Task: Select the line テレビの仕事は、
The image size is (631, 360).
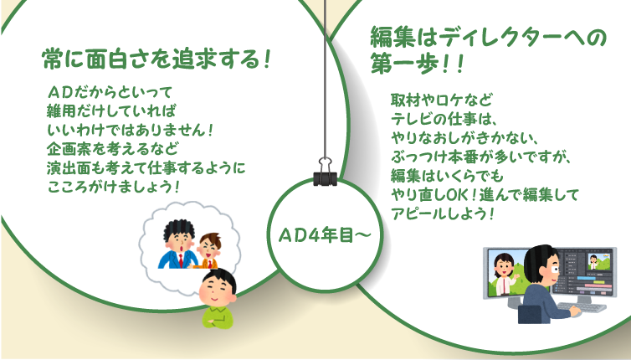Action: (x=444, y=118)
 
